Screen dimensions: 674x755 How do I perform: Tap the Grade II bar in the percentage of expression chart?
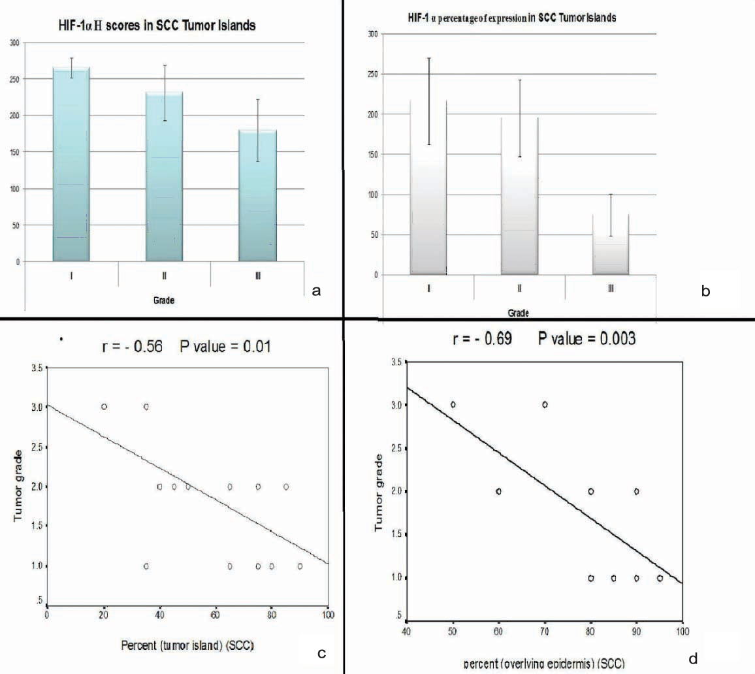tap(519, 196)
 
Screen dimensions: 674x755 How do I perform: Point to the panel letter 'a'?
tap(317, 291)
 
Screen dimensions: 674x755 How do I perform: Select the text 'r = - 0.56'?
tap(138, 345)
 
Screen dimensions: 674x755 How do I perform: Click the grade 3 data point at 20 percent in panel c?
tap(104, 406)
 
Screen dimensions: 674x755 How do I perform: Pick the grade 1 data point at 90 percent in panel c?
tap(300, 566)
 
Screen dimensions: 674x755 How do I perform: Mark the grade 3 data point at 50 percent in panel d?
tap(453, 405)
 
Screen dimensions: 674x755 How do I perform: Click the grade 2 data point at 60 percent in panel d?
tap(498, 491)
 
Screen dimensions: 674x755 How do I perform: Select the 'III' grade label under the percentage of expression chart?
tap(611, 288)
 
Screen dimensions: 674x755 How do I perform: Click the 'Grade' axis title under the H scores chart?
tap(163, 301)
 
